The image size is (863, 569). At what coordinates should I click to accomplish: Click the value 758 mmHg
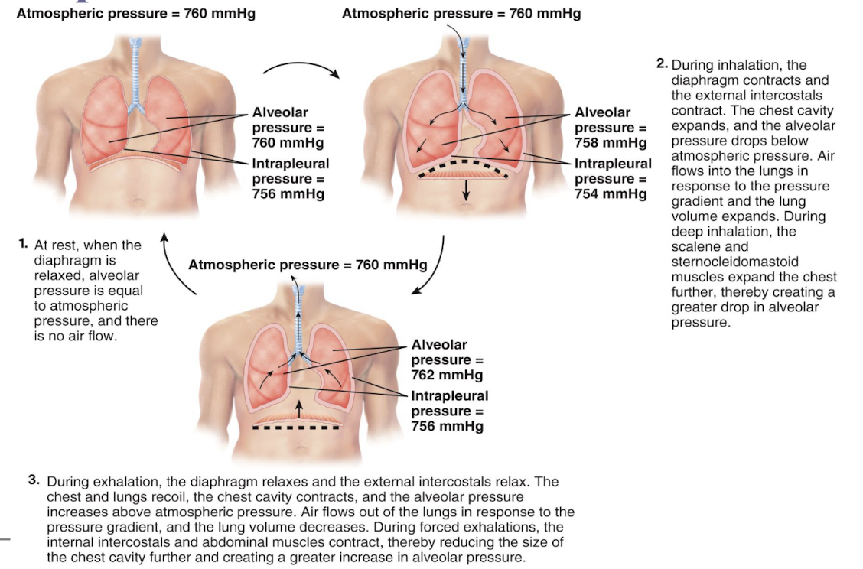(x=610, y=143)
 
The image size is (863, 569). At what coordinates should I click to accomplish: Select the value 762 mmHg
(x=447, y=375)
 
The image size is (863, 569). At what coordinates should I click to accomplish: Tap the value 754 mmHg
(x=610, y=194)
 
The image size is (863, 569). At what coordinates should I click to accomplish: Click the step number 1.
(x=24, y=245)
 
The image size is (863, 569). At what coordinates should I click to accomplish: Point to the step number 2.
(x=662, y=65)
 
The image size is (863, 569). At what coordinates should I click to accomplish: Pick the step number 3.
(x=34, y=481)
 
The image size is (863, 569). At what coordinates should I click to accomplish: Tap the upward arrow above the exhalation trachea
(x=298, y=284)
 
